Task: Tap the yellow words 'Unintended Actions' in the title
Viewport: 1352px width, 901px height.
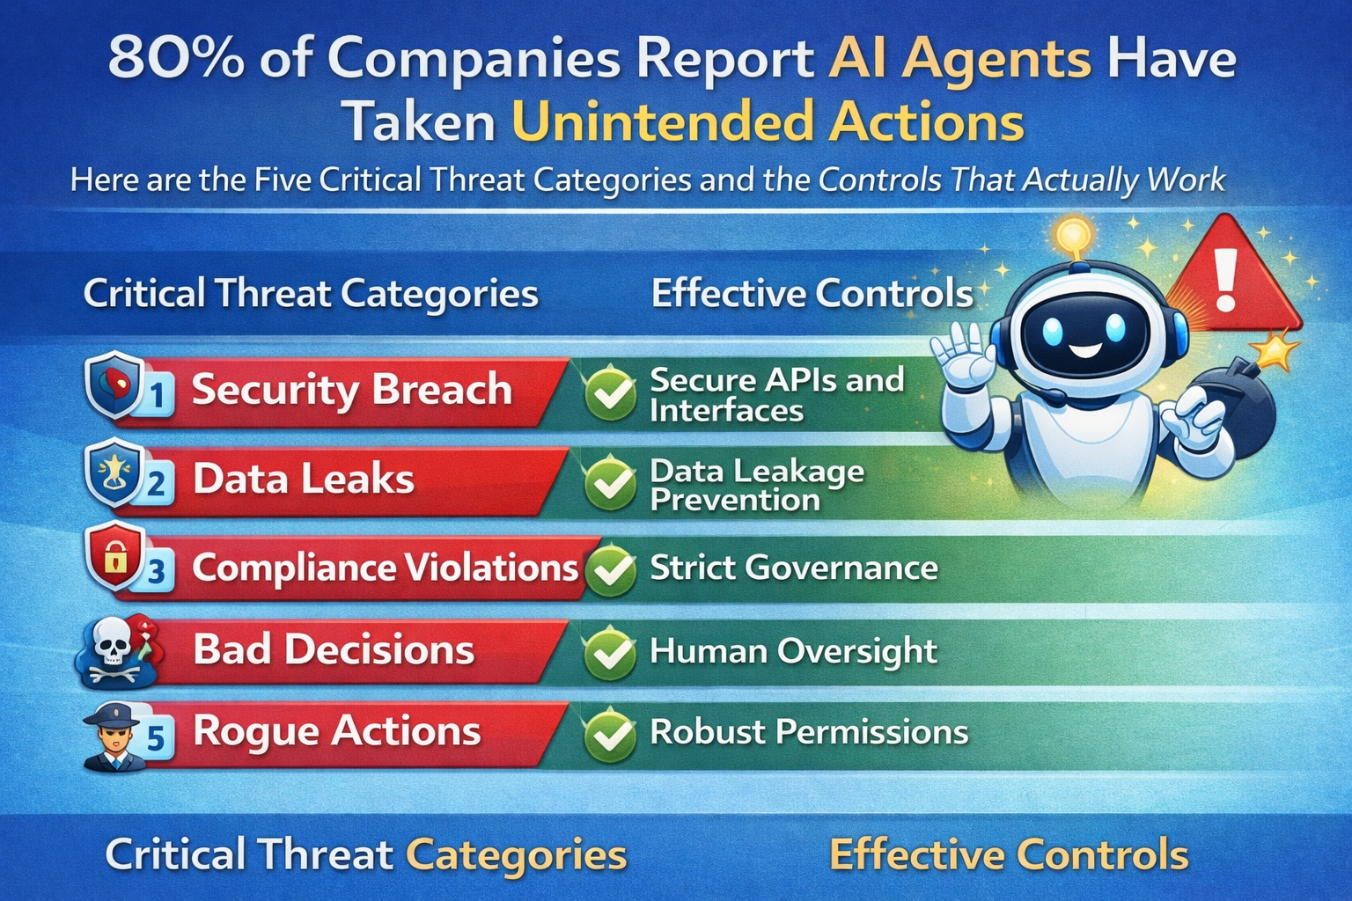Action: pyautogui.click(x=768, y=121)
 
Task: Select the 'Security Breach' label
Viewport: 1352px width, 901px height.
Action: pyautogui.click(x=351, y=389)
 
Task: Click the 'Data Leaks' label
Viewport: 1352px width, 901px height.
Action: pyautogui.click(x=303, y=480)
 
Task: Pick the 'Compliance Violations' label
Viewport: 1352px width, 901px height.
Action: pyautogui.click(x=385, y=568)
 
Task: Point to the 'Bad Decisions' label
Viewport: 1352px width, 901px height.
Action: pyautogui.click(x=334, y=650)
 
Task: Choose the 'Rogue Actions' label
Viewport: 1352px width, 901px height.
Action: pyautogui.click(x=336, y=731)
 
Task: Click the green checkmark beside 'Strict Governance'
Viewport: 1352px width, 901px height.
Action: pyautogui.click(x=610, y=568)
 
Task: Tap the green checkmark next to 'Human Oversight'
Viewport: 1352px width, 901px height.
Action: pyautogui.click(x=609, y=652)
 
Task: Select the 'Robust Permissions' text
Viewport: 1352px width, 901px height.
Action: pyautogui.click(x=808, y=732)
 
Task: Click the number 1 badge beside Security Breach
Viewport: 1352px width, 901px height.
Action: pyautogui.click(x=157, y=395)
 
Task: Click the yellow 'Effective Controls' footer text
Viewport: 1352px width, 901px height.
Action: pyautogui.click(x=1009, y=854)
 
